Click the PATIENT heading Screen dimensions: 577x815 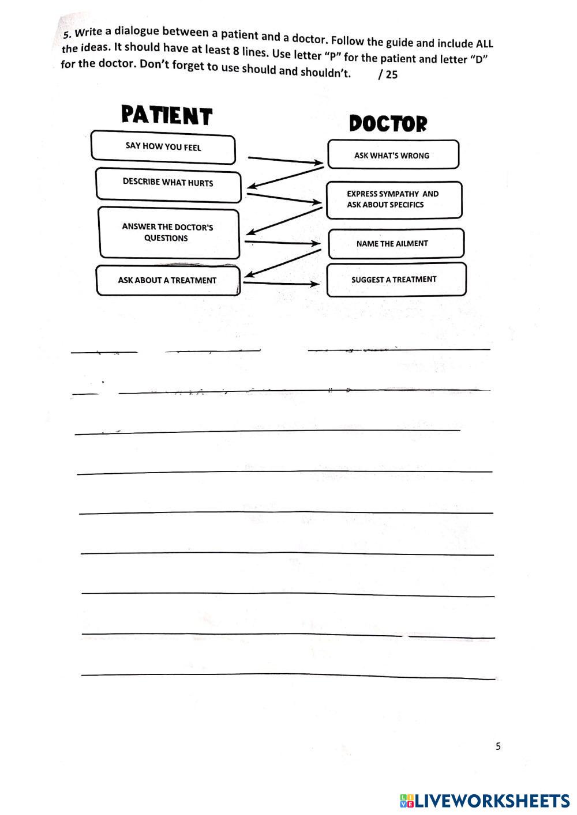(x=167, y=115)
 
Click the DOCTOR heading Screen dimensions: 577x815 (x=388, y=123)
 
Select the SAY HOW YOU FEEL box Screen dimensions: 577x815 (x=163, y=148)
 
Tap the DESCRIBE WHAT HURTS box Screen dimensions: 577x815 (x=168, y=183)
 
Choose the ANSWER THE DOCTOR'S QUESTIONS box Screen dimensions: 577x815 (x=168, y=233)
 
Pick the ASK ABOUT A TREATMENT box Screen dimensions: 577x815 (x=167, y=281)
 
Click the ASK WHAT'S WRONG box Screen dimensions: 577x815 (x=393, y=155)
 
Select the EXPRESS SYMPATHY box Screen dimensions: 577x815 (x=394, y=199)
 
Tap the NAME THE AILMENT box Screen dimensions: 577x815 (x=395, y=244)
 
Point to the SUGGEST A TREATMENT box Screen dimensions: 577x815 (x=395, y=280)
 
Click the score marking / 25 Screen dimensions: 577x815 (x=388, y=74)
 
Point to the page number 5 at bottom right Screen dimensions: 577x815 (x=499, y=746)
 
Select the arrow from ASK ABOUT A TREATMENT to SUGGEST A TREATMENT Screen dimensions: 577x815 (x=281, y=283)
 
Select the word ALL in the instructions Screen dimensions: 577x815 (x=484, y=44)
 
